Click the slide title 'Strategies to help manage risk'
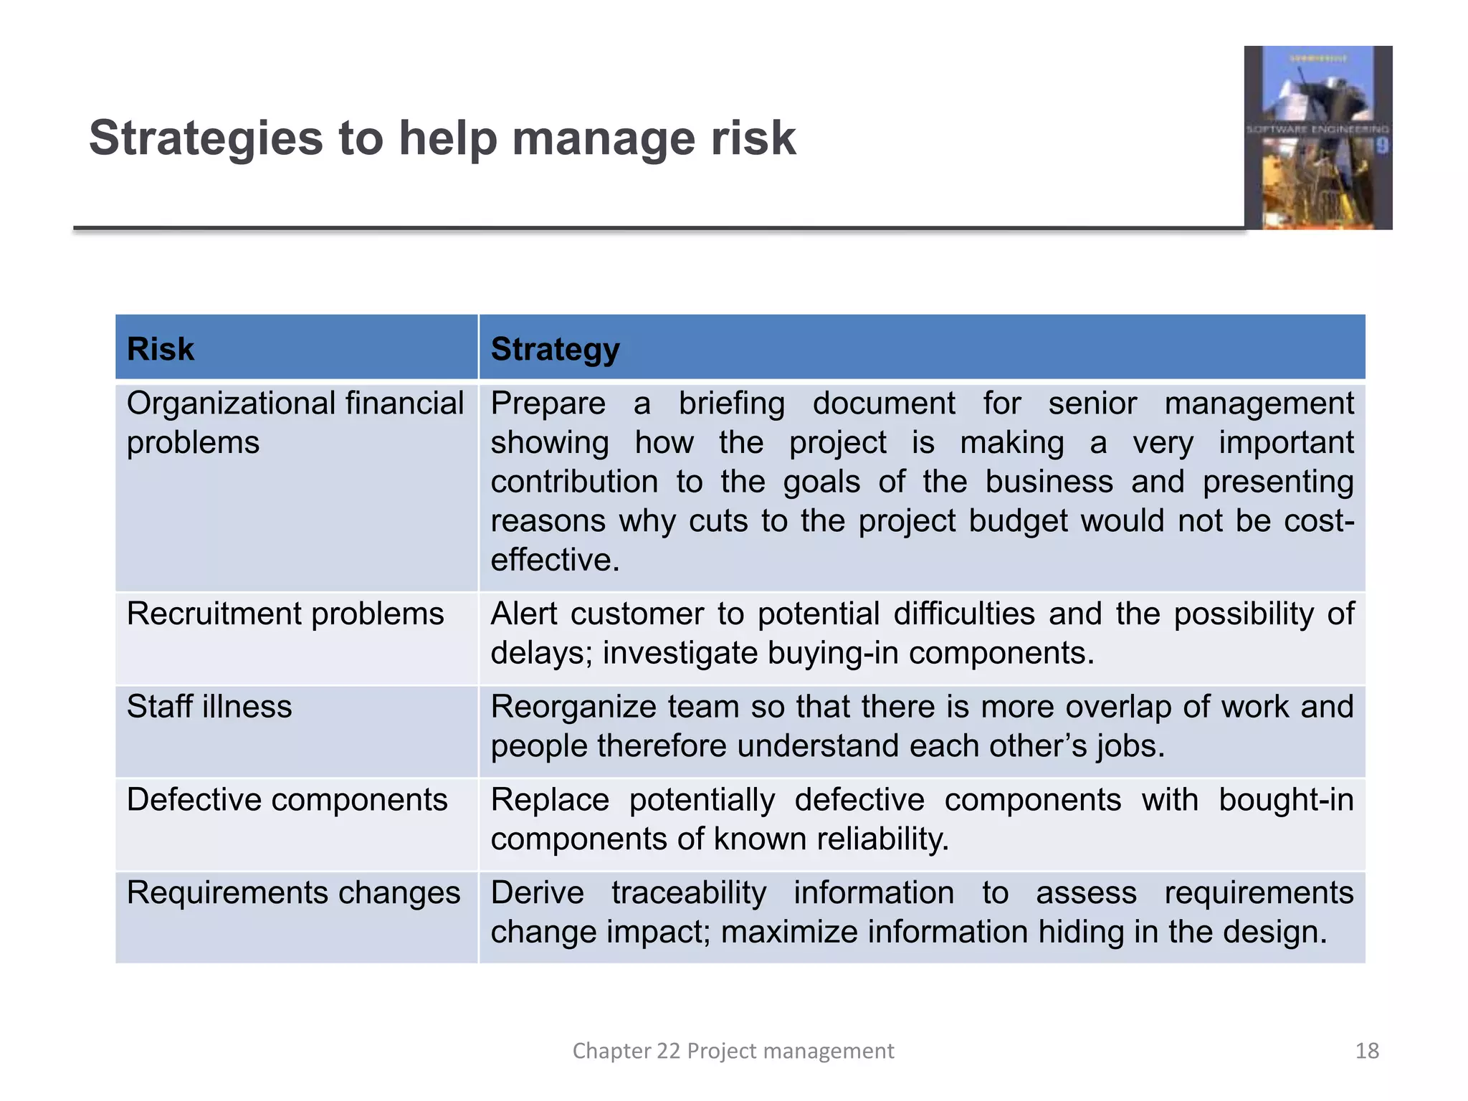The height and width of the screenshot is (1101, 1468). coord(442,138)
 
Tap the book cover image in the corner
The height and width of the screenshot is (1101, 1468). coord(1317,138)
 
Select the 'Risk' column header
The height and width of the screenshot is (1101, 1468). coord(161,349)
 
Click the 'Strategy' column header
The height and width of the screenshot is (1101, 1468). coord(555,349)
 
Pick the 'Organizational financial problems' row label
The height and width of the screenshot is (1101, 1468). coord(295,423)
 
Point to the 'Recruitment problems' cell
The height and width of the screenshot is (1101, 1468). coord(285,614)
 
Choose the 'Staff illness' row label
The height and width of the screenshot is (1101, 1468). coord(209,707)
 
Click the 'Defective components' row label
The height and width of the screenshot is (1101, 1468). coord(287,800)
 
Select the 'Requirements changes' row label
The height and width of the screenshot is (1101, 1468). coord(293,893)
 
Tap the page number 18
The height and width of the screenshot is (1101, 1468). coord(1367,1051)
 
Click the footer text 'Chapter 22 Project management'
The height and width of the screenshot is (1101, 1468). coord(733,1051)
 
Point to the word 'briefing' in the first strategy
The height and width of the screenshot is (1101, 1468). coord(731,404)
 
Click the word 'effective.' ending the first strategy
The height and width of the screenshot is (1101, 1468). coord(555,560)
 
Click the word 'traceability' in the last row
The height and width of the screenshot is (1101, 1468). coord(689,893)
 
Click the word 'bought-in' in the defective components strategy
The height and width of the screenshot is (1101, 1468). coord(1286,800)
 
